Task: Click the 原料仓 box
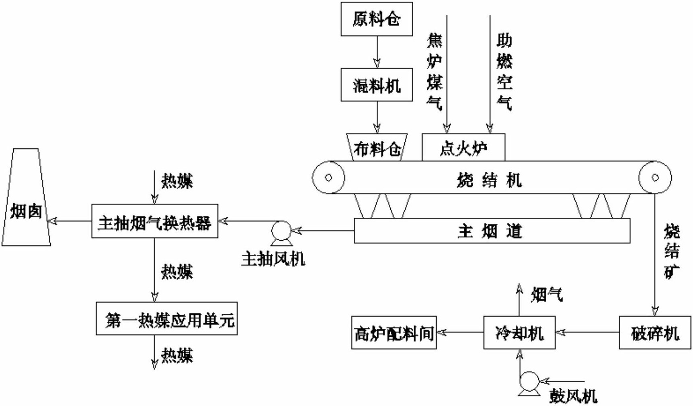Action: coord(377,19)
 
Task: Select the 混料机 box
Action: coord(377,85)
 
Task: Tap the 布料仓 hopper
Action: coord(377,148)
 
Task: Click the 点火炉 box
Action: coord(463,148)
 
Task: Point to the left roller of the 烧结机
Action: coord(328,177)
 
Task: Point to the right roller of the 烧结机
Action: coord(655,177)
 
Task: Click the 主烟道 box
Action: coord(492,231)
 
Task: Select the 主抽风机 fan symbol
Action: coord(281,231)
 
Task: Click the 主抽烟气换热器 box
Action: coord(155,221)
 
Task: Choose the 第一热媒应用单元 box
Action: coord(167,319)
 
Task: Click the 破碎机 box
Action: coord(655,332)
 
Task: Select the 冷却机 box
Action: coord(519,332)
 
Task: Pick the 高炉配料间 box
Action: coord(394,332)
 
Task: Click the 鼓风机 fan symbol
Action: coord(529,381)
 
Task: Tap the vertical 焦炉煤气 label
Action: coord(434,72)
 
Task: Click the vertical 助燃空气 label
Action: coord(504,72)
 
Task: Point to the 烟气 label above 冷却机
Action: coord(547,295)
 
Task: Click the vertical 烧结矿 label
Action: coord(672,251)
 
